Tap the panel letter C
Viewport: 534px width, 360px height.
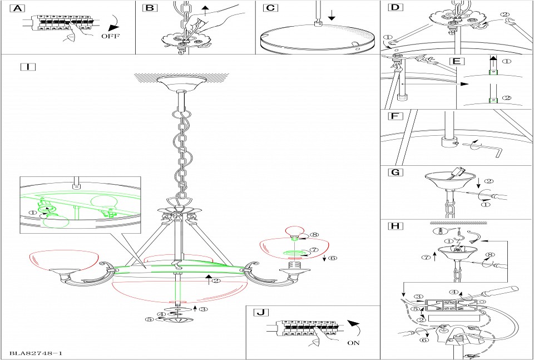(269, 8)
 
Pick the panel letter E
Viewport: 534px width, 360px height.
(456, 60)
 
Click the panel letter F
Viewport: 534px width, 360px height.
(394, 117)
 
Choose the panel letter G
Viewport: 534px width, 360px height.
(394, 172)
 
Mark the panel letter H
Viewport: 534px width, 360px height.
(394, 226)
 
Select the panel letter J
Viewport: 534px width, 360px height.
(259, 312)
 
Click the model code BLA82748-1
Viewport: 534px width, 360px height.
(35, 353)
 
